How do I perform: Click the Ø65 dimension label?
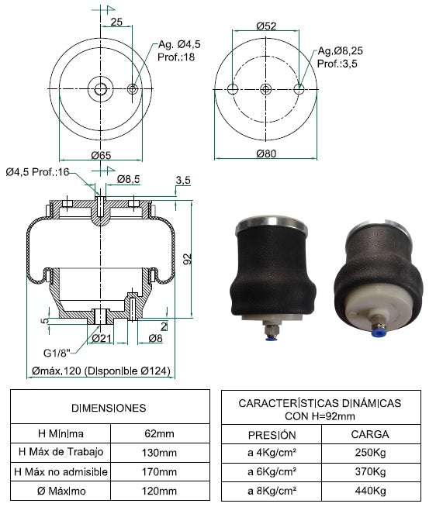click(x=101, y=155)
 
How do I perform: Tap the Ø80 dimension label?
click(x=266, y=153)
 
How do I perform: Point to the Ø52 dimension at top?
click(x=266, y=26)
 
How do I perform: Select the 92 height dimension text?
click(x=188, y=259)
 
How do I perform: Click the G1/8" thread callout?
click(x=57, y=353)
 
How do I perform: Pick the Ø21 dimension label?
click(x=102, y=338)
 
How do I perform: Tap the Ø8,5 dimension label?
click(x=128, y=179)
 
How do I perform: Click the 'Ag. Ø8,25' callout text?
click(x=340, y=50)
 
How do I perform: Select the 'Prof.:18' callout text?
click(x=176, y=57)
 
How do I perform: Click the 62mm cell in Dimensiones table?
click(x=159, y=433)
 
